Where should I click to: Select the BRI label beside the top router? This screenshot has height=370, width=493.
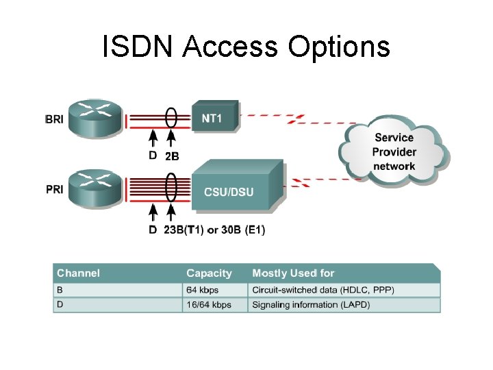point(54,119)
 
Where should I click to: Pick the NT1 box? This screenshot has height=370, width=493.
point(214,118)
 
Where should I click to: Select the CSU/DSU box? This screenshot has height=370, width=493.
point(233,190)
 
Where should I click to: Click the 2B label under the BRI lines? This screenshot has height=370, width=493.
point(172,156)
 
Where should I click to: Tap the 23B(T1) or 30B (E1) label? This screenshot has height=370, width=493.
point(214,230)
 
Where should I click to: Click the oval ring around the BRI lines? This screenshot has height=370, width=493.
point(172,118)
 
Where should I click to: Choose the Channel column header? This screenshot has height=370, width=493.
point(78,273)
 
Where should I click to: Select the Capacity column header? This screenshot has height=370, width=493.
point(209,273)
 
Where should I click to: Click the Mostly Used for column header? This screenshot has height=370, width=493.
point(293,273)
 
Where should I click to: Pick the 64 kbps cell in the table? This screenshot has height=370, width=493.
point(203,290)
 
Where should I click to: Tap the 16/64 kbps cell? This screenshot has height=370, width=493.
point(209,305)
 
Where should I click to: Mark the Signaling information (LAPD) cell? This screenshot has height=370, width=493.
point(311,305)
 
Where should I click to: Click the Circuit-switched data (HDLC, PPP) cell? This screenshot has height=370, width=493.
point(323,290)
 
